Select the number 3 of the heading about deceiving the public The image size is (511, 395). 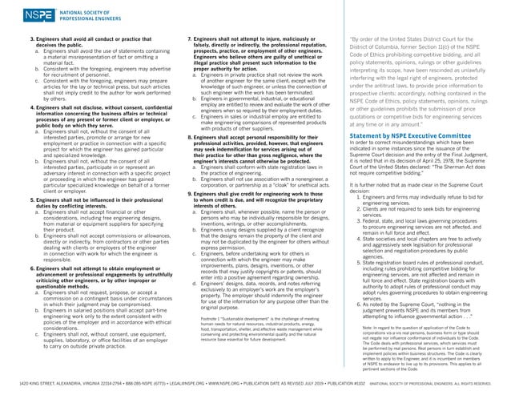[x=31, y=38]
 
